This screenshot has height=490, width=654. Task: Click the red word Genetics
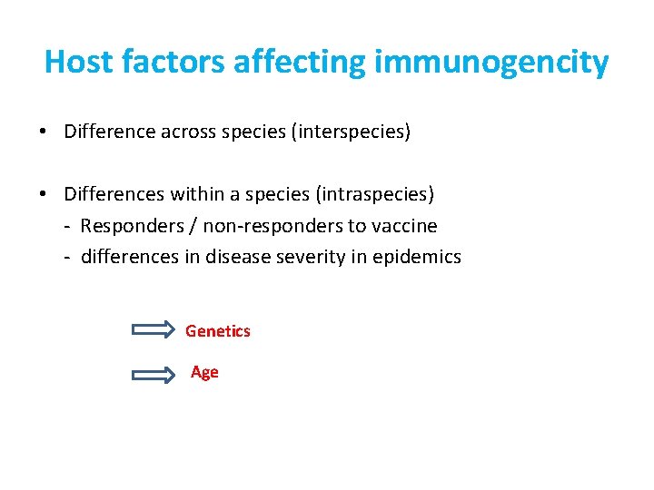[x=217, y=331]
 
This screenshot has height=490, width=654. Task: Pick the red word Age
[x=204, y=372]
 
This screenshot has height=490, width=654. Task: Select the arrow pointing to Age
[x=154, y=373]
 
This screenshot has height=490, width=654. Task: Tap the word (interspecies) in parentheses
[x=349, y=132]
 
